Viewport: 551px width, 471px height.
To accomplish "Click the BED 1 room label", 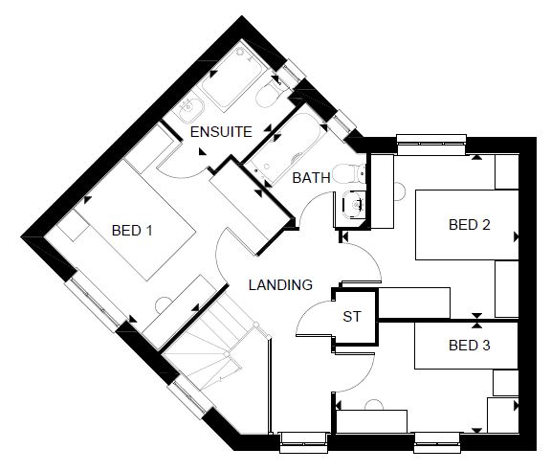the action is point(132,231).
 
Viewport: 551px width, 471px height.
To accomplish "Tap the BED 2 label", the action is point(470,224).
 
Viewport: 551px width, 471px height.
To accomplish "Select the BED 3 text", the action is point(470,345).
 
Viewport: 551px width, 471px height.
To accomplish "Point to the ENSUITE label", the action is point(221,132).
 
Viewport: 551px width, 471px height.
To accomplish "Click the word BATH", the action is point(311,178).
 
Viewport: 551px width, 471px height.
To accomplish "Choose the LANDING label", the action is point(280,284).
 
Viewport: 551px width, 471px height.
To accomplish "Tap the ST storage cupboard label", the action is point(352,317).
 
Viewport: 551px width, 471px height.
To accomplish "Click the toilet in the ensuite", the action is point(269,92).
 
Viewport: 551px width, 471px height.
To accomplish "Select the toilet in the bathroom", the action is point(349,173).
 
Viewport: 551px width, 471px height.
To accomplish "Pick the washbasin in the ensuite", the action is point(190,107).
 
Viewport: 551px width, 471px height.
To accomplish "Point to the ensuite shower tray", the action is point(231,75).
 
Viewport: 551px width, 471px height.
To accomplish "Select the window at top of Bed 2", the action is point(431,145).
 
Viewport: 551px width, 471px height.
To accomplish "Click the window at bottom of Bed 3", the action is point(437,443).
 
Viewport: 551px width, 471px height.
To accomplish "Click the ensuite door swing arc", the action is point(180,173).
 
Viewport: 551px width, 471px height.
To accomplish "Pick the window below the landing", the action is point(303,442).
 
